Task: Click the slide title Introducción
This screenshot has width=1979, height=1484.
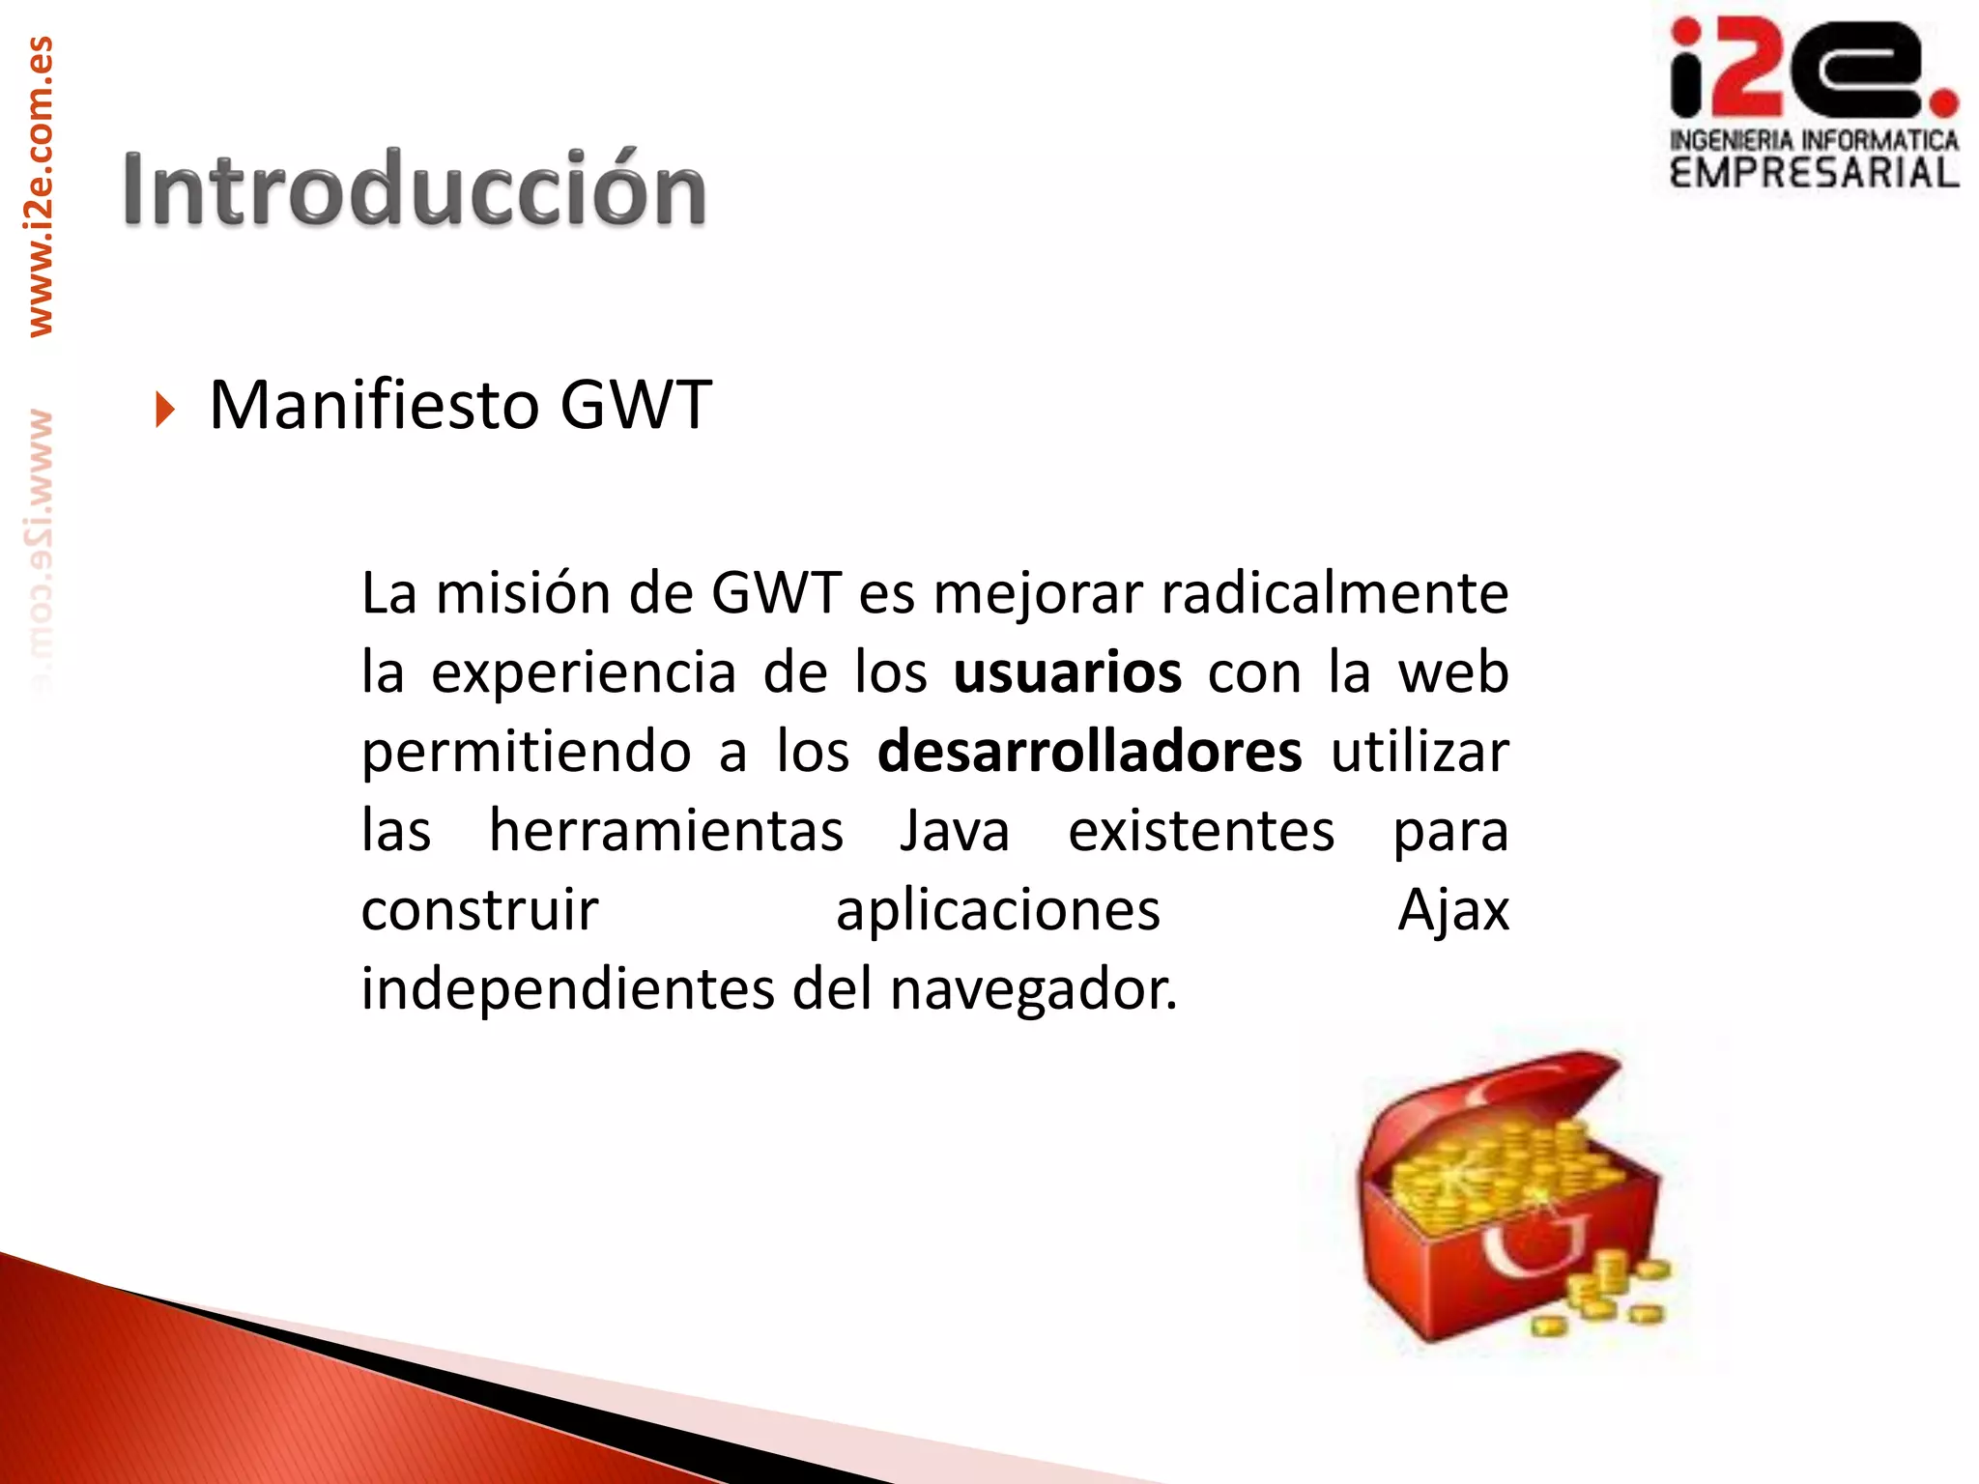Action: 414,189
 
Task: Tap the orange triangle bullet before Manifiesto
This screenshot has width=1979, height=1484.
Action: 165,409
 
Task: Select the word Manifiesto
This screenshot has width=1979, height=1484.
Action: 373,405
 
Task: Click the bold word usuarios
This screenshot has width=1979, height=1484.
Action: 1067,672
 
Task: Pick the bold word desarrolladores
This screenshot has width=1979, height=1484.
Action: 1089,752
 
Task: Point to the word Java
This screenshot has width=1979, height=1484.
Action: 954,831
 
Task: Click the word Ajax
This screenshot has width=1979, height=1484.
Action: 1452,910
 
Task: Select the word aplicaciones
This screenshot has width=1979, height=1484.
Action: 997,910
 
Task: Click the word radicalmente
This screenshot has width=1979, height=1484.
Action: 1334,592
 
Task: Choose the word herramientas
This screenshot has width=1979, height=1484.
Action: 666,831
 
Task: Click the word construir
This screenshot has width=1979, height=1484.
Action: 479,910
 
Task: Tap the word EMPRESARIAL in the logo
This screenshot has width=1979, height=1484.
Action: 1814,173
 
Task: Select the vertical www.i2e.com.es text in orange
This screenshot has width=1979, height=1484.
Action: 40,185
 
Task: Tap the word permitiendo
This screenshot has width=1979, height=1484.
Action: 526,752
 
